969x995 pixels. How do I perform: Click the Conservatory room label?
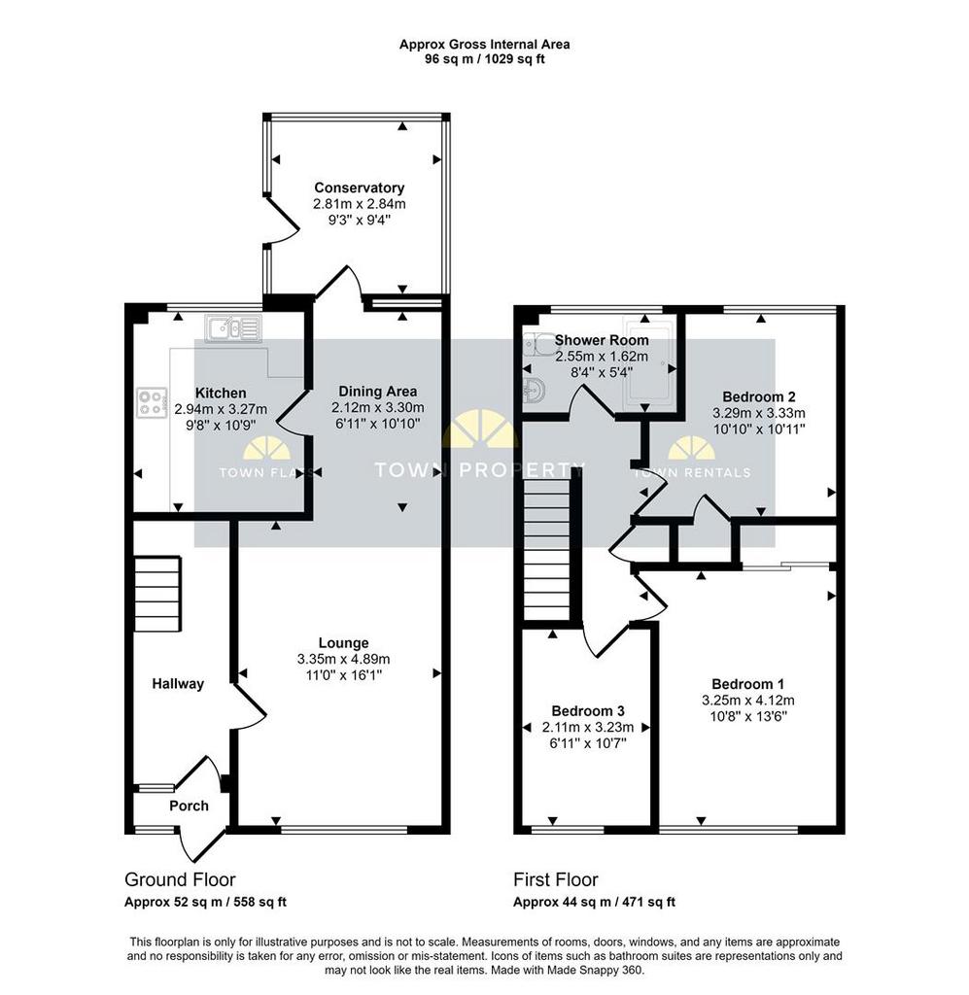tap(360, 188)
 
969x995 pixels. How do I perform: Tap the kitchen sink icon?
tap(232, 328)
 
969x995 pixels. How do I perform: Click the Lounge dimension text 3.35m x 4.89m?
tap(343, 660)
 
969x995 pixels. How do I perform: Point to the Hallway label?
tap(178, 684)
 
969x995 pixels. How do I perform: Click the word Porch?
tap(189, 806)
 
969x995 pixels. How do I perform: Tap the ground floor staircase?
tap(158, 594)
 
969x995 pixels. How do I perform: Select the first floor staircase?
tap(547, 548)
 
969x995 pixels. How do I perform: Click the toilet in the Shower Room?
tap(539, 345)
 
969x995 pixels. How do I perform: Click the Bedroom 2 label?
tap(759, 397)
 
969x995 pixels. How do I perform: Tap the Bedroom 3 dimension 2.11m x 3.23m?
tap(588, 727)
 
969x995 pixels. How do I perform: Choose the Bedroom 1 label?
tap(747, 684)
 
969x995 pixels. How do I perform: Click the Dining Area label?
tap(377, 392)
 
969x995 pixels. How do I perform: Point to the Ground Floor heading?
tap(180, 879)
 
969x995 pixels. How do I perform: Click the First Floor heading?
tap(555, 879)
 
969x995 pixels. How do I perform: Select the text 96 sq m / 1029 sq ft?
tap(484, 59)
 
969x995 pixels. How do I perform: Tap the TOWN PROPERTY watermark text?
tap(479, 470)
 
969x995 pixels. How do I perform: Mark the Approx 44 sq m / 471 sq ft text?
tap(594, 902)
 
